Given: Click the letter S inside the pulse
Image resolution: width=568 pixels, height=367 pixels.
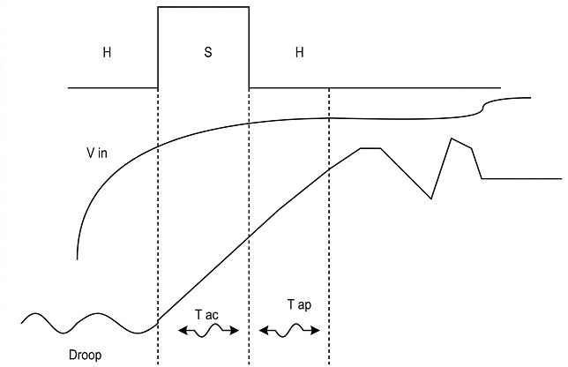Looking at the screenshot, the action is [x=208, y=52].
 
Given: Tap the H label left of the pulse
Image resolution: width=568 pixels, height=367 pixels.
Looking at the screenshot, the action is [x=107, y=52].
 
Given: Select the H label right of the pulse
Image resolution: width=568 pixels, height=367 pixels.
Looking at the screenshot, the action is [x=300, y=52].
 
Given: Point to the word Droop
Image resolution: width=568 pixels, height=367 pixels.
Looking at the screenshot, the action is [x=86, y=356].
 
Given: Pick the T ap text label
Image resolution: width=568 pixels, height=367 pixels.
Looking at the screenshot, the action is [x=297, y=305].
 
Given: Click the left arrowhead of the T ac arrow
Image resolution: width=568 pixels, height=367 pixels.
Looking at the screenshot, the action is [x=180, y=330].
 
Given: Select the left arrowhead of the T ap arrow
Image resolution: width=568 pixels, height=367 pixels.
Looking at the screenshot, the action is [x=262, y=331].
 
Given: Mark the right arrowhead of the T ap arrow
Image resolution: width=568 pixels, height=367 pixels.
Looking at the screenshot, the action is [x=320, y=331].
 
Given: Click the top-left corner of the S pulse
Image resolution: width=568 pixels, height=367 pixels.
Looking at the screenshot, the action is [x=158, y=8].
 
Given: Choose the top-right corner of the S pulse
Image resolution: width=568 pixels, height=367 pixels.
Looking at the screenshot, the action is [x=249, y=8].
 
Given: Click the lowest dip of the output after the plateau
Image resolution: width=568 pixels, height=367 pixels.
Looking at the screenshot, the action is [x=431, y=198].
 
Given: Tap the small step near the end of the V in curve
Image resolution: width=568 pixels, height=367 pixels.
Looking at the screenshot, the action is [x=483, y=107].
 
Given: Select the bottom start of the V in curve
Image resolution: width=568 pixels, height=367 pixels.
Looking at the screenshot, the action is [x=78, y=258].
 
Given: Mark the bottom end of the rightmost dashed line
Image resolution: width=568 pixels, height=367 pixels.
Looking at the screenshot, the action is [x=329, y=363].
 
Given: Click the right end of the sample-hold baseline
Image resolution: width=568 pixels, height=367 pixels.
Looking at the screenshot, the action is [x=501, y=88].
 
